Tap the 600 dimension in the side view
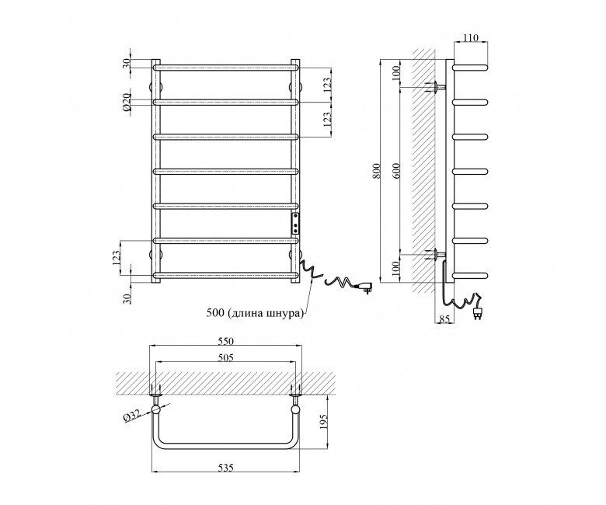[x=396, y=170]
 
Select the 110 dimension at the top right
[x=471, y=37]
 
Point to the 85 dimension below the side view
[x=445, y=319]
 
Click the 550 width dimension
[x=226, y=341]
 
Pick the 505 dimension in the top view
[x=226, y=358]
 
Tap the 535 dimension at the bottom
[x=226, y=468]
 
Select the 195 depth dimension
[x=324, y=422]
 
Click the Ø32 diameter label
[x=133, y=416]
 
